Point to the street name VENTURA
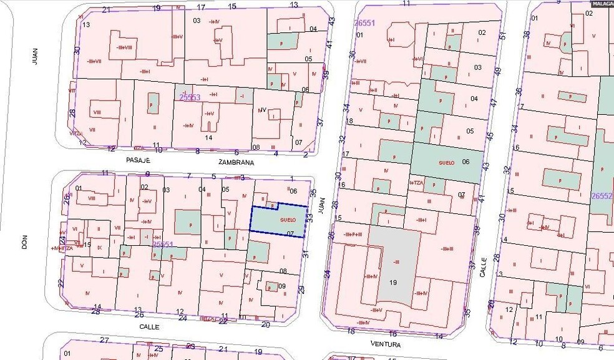[385, 344]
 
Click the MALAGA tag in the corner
[602, 3]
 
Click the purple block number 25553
[190, 98]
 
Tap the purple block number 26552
[602, 195]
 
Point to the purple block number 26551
[364, 23]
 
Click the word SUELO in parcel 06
[446, 162]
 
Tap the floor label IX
[99, 248]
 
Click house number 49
[498, 72]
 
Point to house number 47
[492, 102]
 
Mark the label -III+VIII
[122, 47]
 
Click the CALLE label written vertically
[483, 269]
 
